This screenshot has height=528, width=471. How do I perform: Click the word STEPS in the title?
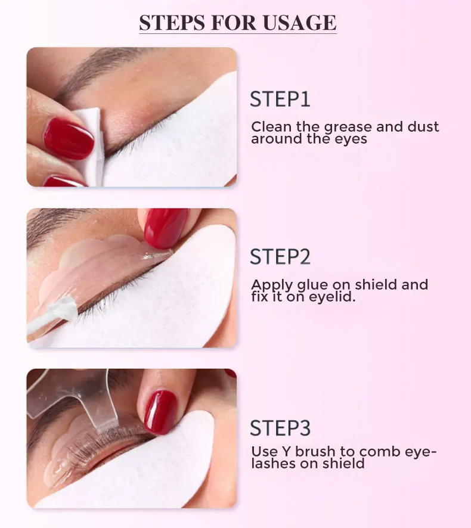coord(170,23)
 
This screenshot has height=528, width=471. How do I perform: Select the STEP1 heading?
coord(280,99)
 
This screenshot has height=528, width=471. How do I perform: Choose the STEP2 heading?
coord(280,257)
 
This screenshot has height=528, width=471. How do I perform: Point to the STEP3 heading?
coord(280,428)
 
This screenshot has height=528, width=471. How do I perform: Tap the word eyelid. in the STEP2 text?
coord(331,296)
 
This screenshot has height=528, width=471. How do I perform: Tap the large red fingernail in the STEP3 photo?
coord(160,411)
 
